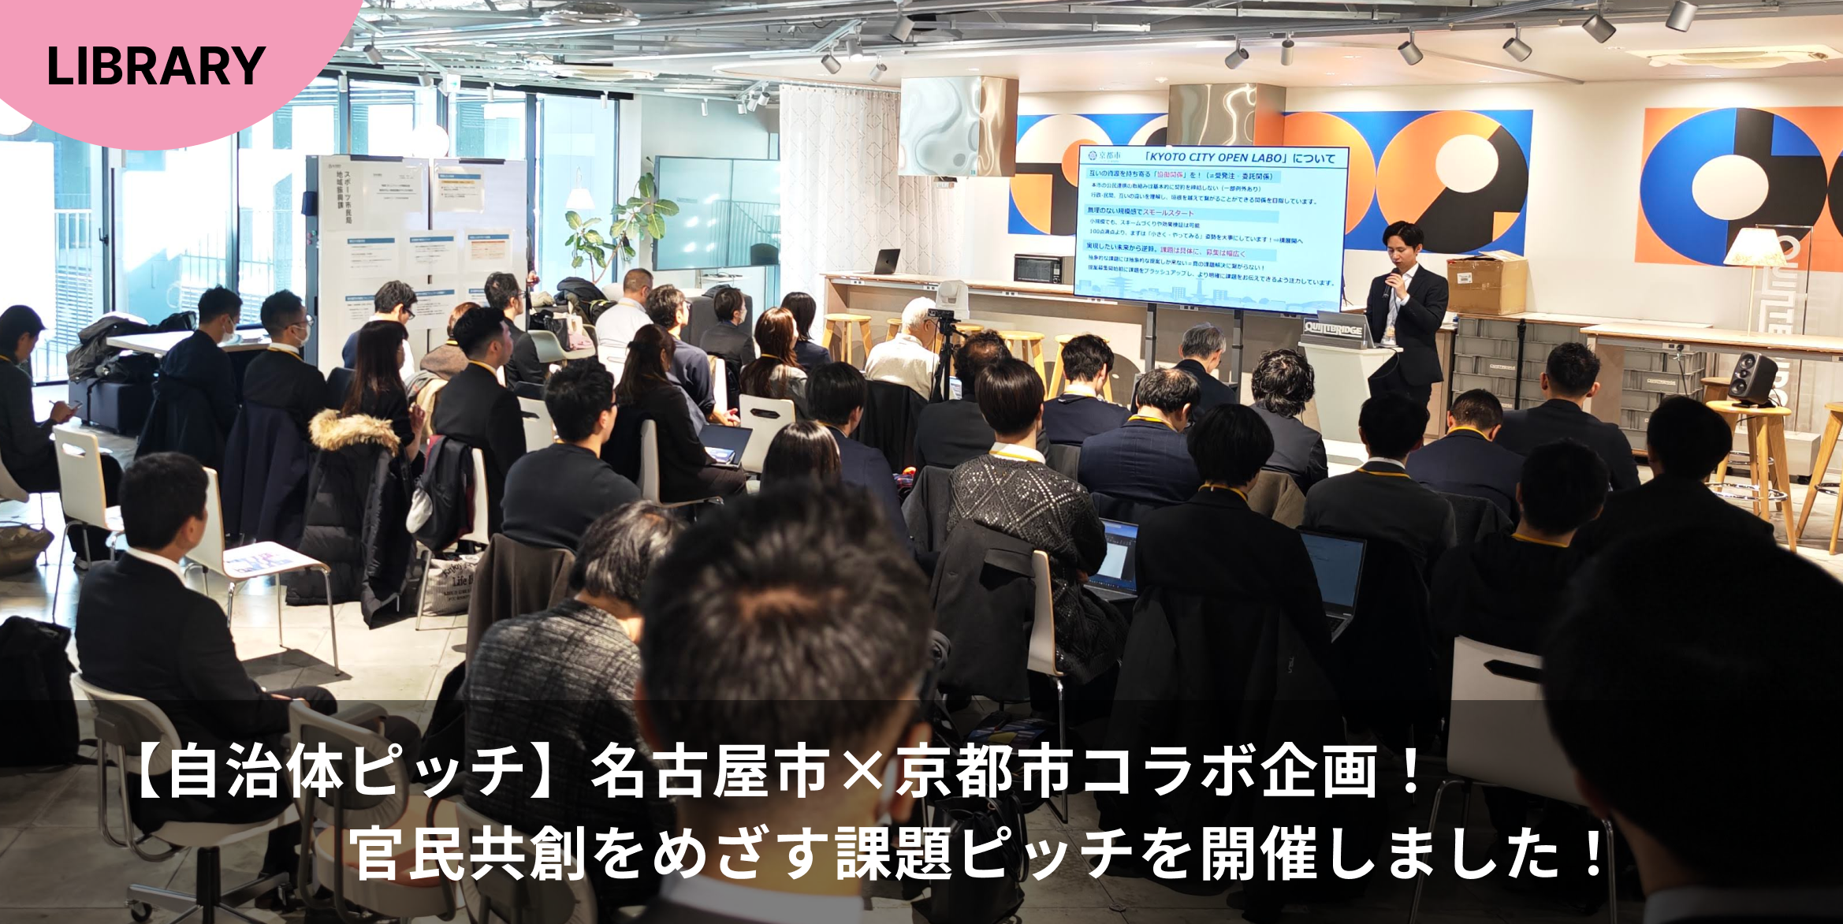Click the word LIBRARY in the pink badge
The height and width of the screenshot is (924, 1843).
(155, 66)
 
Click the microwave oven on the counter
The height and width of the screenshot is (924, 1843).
(1038, 268)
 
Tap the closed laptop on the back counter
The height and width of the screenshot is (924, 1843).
(886, 262)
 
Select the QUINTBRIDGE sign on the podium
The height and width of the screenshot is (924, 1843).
(1333, 329)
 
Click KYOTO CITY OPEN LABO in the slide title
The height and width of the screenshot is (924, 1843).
(1219, 158)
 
